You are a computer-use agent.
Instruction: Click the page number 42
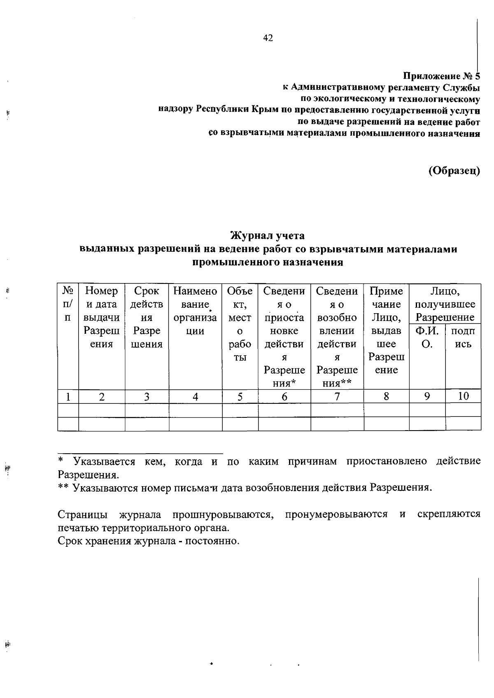pos(268,38)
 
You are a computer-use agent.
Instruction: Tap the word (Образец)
pos(454,171)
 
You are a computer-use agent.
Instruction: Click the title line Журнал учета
pos(268,236)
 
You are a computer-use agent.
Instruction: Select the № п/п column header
pos(68,304)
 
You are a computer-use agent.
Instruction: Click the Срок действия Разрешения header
pos(147,317)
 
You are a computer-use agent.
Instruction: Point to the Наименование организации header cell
pos(195,311)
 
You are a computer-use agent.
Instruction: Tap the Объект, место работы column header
pos(240,324)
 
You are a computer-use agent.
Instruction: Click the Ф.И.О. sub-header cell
pos(427,337)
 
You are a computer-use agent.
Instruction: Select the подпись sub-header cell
pos(463,337)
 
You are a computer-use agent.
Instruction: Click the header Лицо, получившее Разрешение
pos(445,304)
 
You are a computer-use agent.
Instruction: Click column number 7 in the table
pos(337,396)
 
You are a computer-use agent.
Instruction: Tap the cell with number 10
pos(463,396)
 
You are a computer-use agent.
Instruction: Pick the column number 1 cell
pos(68,396)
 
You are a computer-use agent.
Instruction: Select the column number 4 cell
pos(195,396)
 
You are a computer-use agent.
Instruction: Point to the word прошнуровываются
pos(223,515)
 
